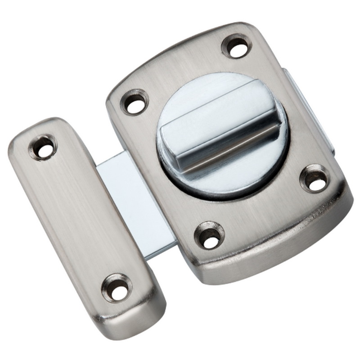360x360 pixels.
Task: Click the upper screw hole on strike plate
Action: coord(44,147)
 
